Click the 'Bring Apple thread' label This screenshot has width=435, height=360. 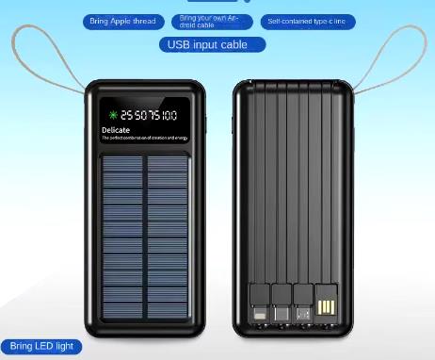coord(123,21)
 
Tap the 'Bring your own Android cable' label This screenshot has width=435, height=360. coord(212,21)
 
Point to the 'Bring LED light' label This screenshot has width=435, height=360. coord(41,346)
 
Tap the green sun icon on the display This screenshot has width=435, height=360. coord(112,115)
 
